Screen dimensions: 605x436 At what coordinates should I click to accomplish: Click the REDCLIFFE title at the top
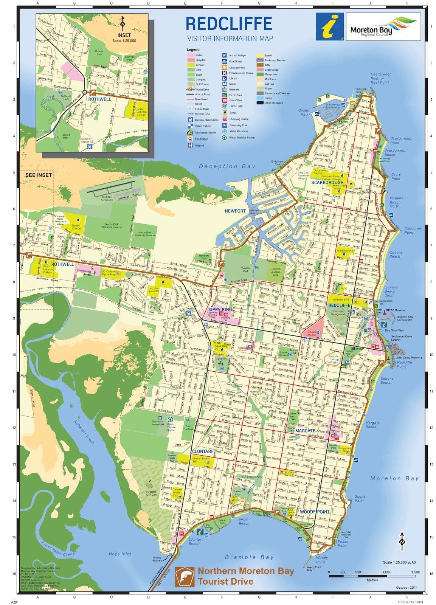pos(228,24)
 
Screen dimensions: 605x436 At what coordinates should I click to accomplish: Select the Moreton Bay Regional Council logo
pos(383,26)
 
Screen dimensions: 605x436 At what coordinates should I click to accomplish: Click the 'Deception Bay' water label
pos(227,166)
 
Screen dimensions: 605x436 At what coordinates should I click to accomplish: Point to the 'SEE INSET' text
pos(38,175)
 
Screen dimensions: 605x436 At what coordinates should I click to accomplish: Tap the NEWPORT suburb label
pos(235,211)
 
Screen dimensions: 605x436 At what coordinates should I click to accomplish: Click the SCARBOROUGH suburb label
pos(327,183)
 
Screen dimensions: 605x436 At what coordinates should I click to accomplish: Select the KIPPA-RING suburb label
pos(220,309)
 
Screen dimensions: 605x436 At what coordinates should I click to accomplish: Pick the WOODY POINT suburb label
pos(314,512)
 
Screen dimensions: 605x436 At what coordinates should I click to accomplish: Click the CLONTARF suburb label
pos(203,451)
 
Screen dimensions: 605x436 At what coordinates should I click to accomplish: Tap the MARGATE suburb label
pos(305,431)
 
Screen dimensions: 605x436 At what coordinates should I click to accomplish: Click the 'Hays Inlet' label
pos(120,554)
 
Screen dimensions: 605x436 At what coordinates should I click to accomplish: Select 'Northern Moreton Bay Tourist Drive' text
pos(246,576)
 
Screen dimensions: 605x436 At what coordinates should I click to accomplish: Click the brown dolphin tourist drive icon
pos(185,577)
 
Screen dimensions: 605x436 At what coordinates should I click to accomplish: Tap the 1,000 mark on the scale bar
pos(386,572)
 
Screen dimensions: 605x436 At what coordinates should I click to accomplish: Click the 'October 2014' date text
pos(407,587)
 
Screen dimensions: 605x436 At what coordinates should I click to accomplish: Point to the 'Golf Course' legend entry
pos(202,84)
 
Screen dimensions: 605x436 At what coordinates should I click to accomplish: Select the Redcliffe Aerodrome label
pos(107,198)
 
